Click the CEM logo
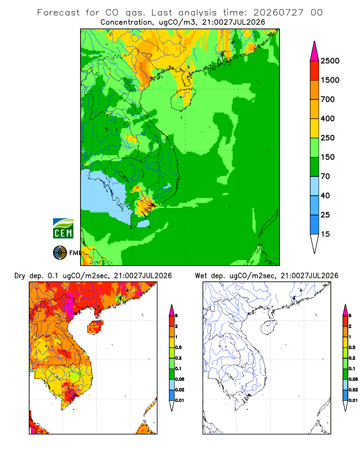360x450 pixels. click(x=63, y=229)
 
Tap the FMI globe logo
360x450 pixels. click(x=60, y=253)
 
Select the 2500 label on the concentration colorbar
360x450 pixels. click(x=330, y=61)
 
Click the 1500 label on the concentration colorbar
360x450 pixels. click(x=330, y=80)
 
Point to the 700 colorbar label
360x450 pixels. click(x=328, y=99)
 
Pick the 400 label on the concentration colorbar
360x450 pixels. click(x=328, y=118)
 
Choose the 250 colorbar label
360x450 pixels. click(x=328, y=138)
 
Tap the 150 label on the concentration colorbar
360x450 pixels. click(x=328, y=157)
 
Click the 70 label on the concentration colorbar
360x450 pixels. click(x=325, y=176)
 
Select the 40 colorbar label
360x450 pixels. click(x=325, y=195)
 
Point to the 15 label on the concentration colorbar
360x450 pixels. click(x=325, y=234)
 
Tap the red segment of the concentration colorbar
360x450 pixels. click(x=315, y=71)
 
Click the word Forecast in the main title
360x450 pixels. click(x=58, y=13)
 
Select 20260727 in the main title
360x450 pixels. click(x=278, y=13)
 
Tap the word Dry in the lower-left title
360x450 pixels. click(x=20, y=276)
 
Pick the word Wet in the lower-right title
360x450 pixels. click(x=201, y=276)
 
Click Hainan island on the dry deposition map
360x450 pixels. click(x=95, y=327)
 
